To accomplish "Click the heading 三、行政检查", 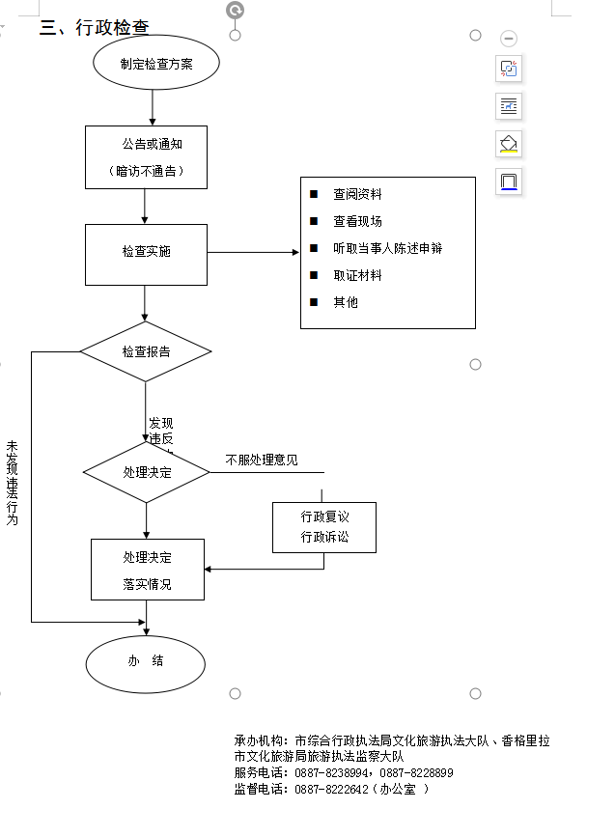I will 94,27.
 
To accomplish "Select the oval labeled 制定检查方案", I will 156,64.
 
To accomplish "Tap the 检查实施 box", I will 146,252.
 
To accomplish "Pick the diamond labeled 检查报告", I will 146,351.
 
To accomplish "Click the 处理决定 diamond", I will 147,472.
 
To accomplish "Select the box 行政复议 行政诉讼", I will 324,527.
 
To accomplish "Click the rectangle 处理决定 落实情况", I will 148,570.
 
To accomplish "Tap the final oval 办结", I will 146,661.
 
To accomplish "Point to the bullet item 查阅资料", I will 357,194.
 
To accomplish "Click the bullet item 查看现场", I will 357,221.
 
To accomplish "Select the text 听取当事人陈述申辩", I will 387,248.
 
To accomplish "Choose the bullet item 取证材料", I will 357,275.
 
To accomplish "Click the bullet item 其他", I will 346,302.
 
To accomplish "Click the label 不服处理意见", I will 262,460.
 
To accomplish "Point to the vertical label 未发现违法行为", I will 13,483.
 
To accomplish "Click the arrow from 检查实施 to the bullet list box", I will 253,253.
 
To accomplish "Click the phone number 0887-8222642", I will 331,789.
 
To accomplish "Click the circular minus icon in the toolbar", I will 509,39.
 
